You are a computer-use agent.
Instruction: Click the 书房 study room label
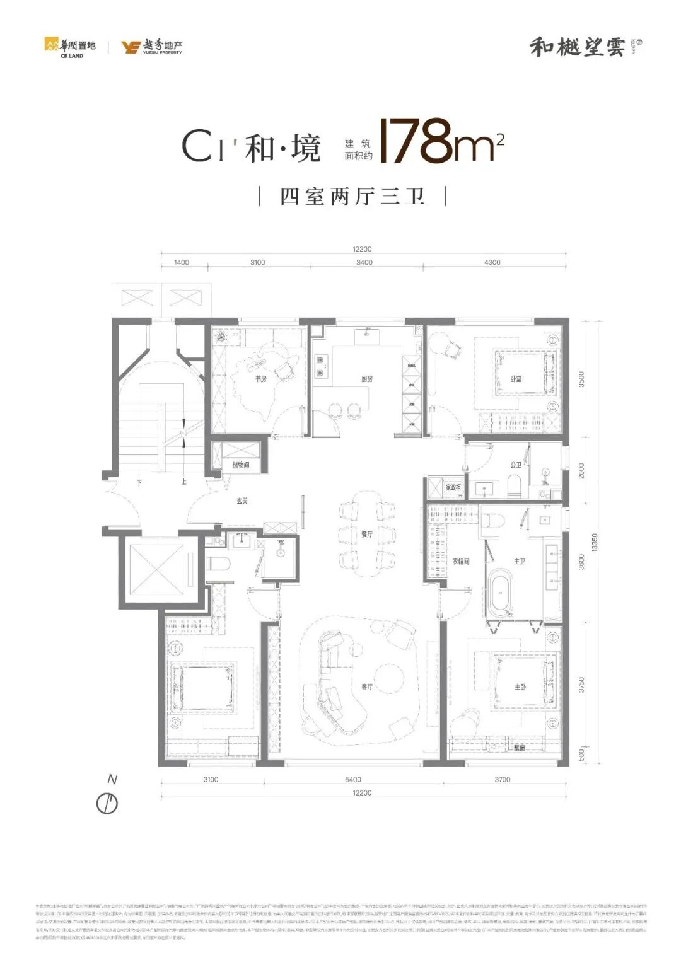pyautogui.click(x=260, y=379)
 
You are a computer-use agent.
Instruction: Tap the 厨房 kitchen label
pyautogui.click(x=367, y=379)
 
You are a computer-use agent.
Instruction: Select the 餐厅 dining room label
pyautogui.click(x=367, y=534)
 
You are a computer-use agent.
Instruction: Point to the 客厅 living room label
pyautogui.click(x=367, y=686)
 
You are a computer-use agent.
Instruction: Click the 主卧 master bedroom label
pyautogui.click(x=520, y=686)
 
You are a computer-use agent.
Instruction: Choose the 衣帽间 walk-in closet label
pyautogui.click(x=460, y=560)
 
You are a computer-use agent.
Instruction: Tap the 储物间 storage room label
pyautogui.click(x=240, y=465)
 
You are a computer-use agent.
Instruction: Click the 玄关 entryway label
pyautogui.click(x=242, y=501)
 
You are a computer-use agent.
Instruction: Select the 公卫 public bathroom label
pyautogui.click(x=516, y=465)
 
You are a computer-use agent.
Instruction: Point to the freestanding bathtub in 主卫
pyautogui.click(x=502, y=593)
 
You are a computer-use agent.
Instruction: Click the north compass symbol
pyautogui.click(x=108, y=803)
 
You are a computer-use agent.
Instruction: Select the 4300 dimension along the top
pyautogui.click(x=492, y=262)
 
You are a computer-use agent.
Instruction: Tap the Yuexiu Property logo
pyautogui.click(x=152, y=47)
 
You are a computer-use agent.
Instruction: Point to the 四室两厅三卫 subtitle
pyautogui.click(x=352, y=196)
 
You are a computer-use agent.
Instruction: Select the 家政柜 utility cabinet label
pyautogui.click(x=453, y=488)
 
